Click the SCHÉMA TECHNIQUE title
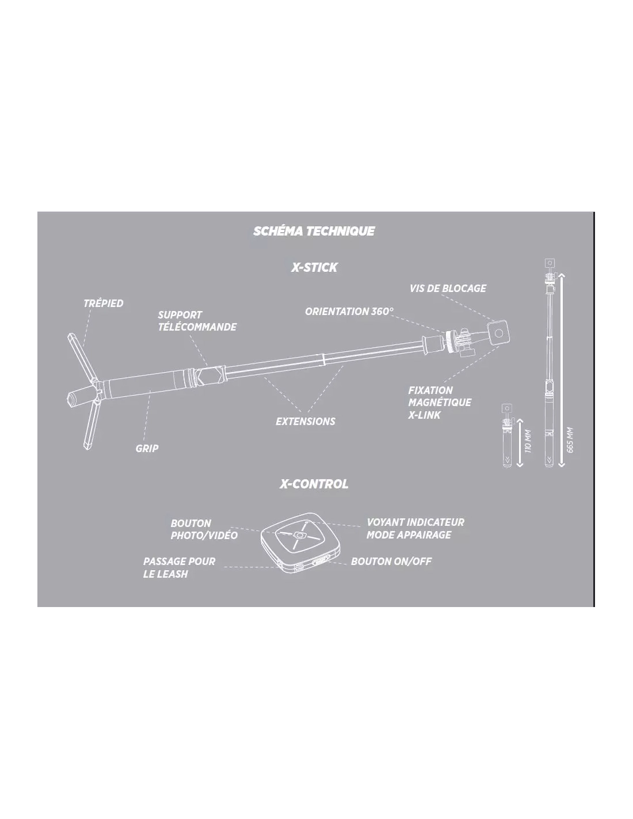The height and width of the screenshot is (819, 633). click(314, 231)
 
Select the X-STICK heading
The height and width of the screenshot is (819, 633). click(314, 268)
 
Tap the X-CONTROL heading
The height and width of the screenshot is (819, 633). click(314, 484)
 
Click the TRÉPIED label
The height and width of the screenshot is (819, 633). click(103, 304)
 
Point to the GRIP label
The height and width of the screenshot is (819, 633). click(147, 449)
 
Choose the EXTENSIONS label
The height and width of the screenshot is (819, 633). click(306, 422)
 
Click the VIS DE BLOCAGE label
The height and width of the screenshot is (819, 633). click(448, 289)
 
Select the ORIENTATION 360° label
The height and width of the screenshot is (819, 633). click(349, 312)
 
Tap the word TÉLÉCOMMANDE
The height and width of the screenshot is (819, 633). click(197, 327)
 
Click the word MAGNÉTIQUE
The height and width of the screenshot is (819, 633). click(440, 402)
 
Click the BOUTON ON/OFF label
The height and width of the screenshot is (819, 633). click(391, 561)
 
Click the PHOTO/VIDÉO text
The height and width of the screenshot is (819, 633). click(204, 536)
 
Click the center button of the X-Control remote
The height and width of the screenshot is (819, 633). click(300, 535)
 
